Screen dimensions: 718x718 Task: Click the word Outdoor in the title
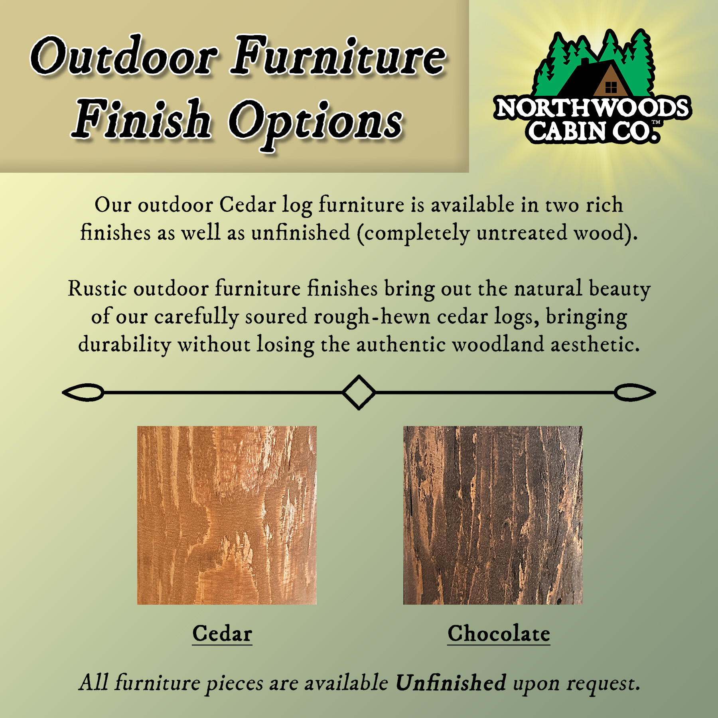(124, 56)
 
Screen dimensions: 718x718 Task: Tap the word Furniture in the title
(338, 56)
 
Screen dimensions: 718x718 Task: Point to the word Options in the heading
(315, 124)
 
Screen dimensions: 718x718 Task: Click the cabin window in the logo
(611, 87)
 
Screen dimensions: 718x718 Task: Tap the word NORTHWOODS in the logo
(592, 108)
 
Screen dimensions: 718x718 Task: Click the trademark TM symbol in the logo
(656, 122)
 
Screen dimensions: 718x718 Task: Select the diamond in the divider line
(359, 393)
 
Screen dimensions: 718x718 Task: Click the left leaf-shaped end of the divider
(83, 393)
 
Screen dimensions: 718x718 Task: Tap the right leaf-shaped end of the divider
(635, 393)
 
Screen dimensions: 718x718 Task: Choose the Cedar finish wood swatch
(227, 515)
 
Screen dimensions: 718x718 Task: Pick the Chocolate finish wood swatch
(493, 515)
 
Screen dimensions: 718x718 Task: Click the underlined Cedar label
(222, 633)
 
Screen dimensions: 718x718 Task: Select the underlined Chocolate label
(499, 633)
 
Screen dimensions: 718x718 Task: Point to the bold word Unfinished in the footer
(451, 682)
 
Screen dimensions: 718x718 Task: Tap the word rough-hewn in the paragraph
(372, 318)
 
